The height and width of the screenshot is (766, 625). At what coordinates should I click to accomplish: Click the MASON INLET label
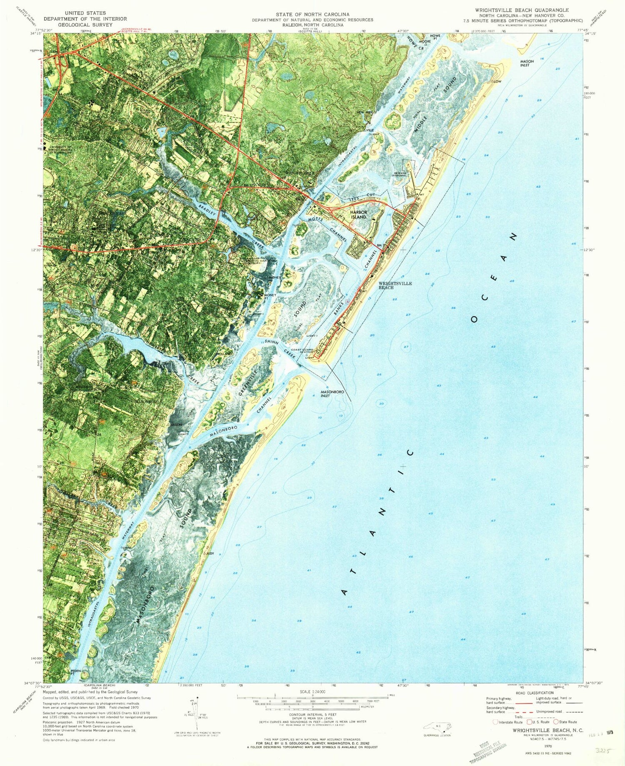[527, 63]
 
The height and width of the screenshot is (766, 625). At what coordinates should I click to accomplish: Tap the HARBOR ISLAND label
[358, 215]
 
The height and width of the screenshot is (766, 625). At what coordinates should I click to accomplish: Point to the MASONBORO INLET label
[331, 393]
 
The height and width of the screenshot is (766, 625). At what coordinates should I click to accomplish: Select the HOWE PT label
[435, 38]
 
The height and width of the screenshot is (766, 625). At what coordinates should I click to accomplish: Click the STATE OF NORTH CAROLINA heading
[312, 14]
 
